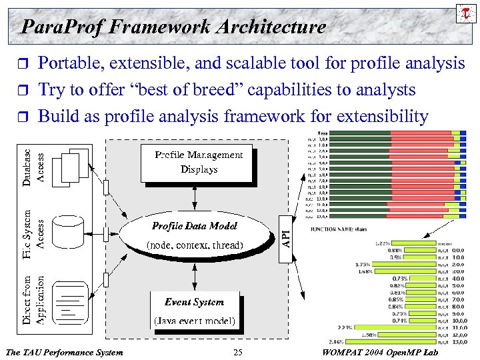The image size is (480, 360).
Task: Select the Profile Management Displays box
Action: (196, 163)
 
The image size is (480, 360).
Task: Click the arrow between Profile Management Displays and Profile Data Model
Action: (194, 197)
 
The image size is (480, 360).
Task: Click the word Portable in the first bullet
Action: (66, 63)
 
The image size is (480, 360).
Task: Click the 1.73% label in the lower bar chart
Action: (363, 265)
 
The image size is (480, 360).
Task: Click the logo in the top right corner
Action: (465, 13)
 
